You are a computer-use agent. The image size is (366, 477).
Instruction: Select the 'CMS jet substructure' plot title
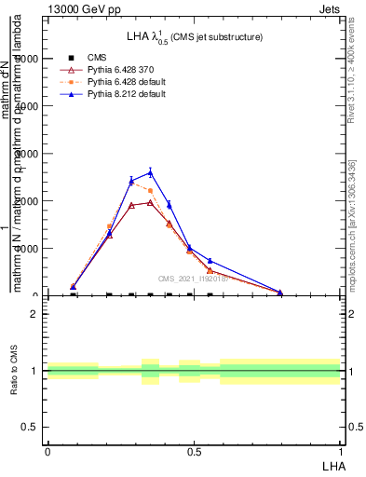coord(195,36)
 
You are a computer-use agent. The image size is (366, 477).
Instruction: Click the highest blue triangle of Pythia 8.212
coord(150,172)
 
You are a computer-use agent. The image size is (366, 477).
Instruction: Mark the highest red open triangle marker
coord(150,202)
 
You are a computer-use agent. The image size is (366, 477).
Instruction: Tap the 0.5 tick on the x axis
coord(194,451)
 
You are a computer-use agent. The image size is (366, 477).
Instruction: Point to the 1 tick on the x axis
coord(340,451)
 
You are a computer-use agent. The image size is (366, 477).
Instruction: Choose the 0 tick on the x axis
coord(47,451)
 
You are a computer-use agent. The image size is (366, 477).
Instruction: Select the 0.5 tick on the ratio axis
coord(31,427)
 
